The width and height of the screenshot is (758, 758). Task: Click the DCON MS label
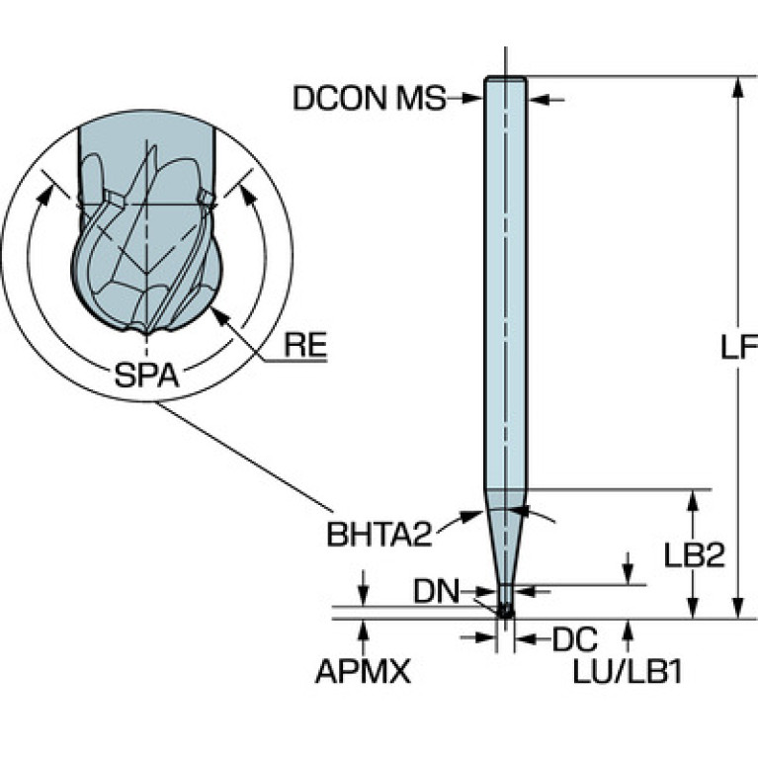(369, 98)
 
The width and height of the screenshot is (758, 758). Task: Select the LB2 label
(695, 555)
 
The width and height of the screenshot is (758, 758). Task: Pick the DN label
(436, 592)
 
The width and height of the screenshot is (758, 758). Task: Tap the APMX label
(362, 673)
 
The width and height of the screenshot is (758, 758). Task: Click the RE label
(304, 346)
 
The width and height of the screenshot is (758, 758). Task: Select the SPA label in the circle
(145, 376)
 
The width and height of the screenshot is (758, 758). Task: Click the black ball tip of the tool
(505, 612)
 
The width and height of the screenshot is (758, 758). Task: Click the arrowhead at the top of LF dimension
(737, 86)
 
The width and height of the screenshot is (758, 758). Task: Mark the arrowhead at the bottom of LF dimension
(737, 609)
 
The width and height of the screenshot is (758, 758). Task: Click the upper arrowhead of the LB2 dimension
(695, 498)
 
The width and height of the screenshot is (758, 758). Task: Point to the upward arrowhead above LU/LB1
(628, 630)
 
